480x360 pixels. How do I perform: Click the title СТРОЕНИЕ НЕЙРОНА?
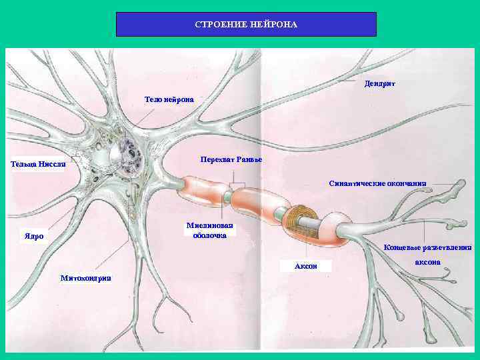(x=246, y=25)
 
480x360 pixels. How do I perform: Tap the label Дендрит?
(x=380, y=84)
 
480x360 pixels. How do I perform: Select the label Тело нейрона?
(x=169, y=99)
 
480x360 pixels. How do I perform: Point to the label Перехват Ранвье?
(x=231, y=159)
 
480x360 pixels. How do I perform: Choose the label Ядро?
(x=34, y=236)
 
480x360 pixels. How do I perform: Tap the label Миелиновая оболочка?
(x=209, y=230)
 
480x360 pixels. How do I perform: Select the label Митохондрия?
(x=85, y=277)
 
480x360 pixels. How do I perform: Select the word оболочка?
(x=209, y=235)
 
